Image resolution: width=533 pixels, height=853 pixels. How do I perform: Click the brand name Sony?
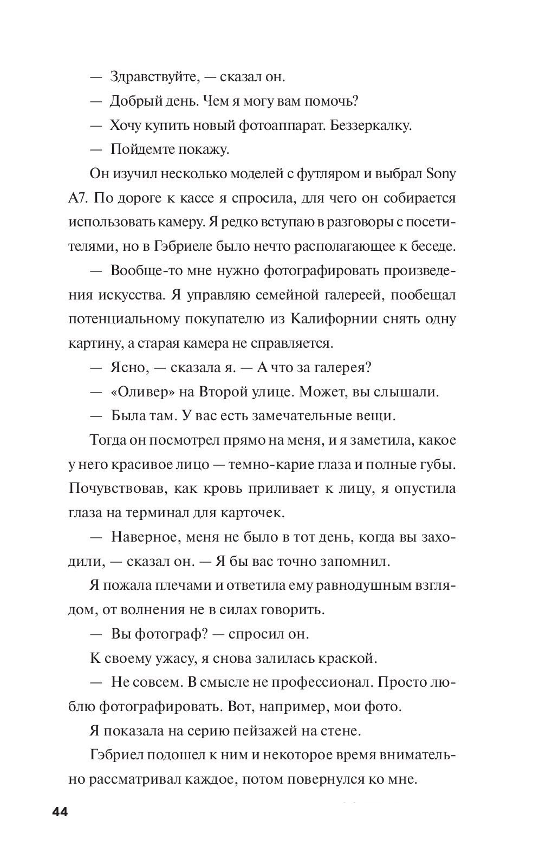441,174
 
